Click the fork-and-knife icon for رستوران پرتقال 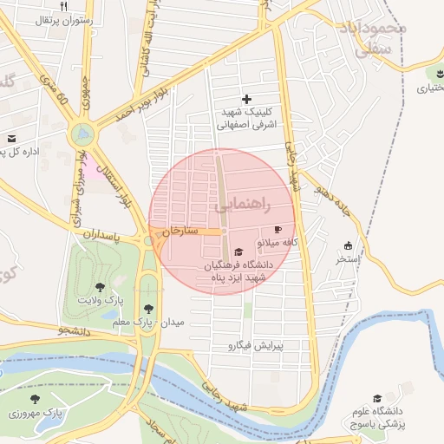coord(63,6)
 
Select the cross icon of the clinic coord(246,100)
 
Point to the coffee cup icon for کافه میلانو coord(277,229)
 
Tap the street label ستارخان coord(181,232)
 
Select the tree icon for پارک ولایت coord(100,285)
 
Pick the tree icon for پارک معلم coord(150,307)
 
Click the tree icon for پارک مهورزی coord(35,399)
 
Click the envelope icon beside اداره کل coord(11,138)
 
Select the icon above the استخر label coord(349,245)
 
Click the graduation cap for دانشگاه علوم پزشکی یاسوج coord(377,397)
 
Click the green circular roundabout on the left coord(82,134)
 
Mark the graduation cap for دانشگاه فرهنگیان coord(238,251)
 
